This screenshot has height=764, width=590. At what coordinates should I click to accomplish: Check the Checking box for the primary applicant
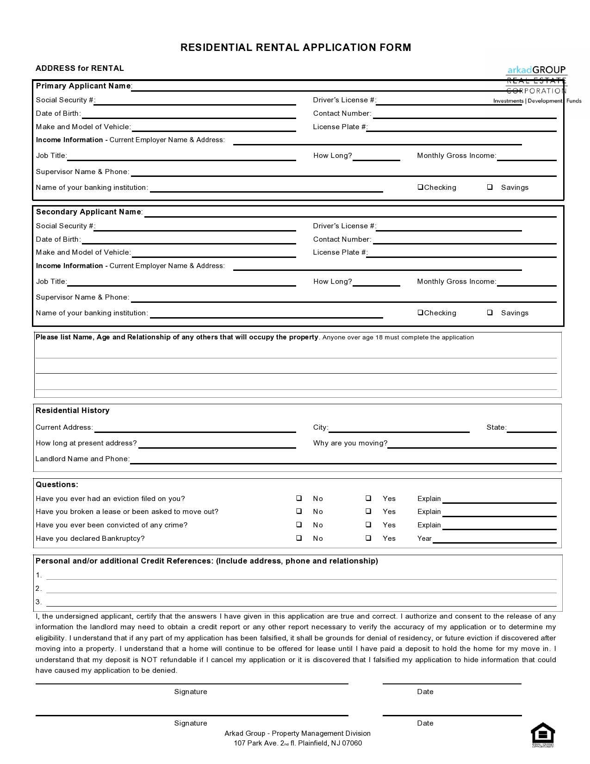click(420, 187)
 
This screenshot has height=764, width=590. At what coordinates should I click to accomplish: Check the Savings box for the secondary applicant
click(490, 313)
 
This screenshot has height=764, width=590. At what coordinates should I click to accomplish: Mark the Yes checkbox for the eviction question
click(368, 498)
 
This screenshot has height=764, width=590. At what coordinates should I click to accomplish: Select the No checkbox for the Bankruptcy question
click(299, 538)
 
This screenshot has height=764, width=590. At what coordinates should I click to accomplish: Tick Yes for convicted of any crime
click(368, 525)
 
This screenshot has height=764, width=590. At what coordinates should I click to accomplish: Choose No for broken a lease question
click(299, 511)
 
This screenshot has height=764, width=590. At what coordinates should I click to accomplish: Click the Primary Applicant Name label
click(83, 86)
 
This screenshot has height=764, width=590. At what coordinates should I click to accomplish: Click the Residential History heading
click(73, 410)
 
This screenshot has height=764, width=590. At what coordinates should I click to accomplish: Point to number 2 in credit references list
click(39, 589)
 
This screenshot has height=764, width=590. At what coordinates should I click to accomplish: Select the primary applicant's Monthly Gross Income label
click(456, 156)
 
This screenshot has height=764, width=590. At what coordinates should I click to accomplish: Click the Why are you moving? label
click(350, 443)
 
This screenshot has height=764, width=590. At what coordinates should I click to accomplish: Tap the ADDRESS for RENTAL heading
click(80, 68)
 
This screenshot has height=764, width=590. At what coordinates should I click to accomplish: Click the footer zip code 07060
click(352, 743)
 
